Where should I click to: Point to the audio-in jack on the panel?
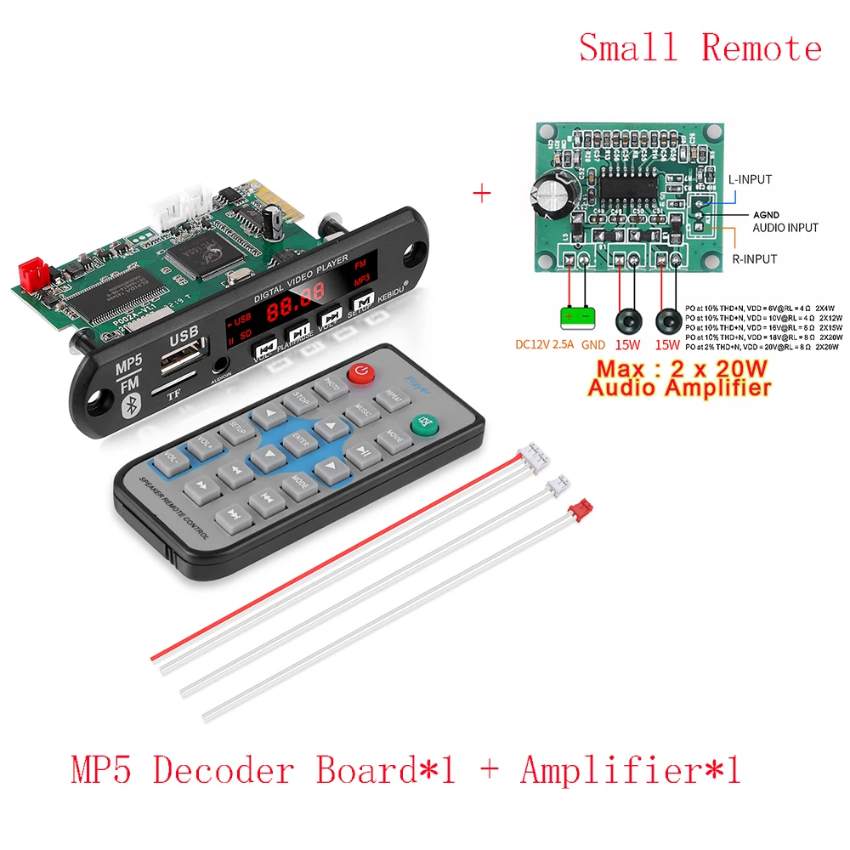220,365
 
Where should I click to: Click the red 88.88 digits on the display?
294,309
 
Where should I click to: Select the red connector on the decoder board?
34,271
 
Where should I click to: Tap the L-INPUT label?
750,180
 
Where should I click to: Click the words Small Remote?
700,47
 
